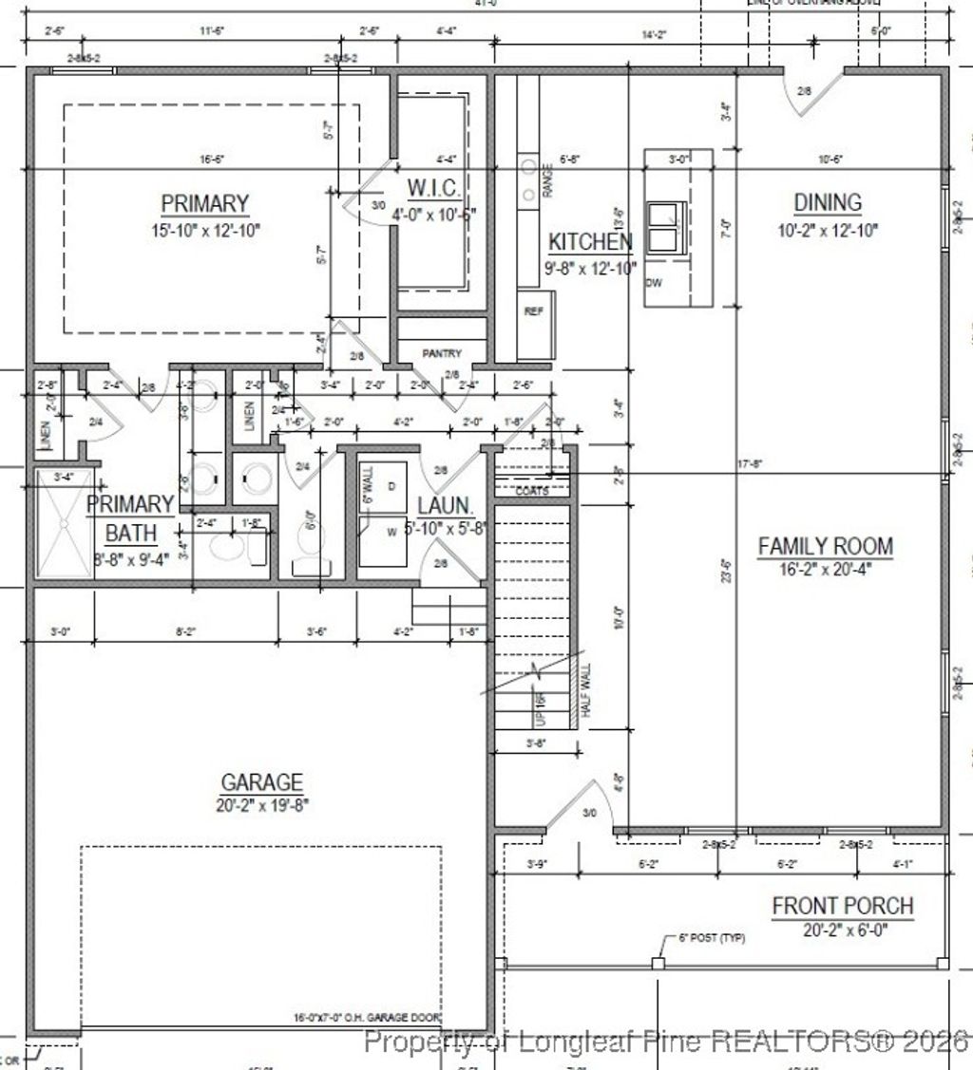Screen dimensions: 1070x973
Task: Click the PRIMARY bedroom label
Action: [204, 204]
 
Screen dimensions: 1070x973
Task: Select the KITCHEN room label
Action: [590, 241]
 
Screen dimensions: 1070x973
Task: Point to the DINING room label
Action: [827, 202]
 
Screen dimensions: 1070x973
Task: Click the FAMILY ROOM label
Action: [825, 546]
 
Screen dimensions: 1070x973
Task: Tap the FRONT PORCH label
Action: [842, 906]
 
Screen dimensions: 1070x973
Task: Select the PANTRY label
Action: [442, 353]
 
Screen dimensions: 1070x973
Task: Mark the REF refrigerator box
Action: [534, 310]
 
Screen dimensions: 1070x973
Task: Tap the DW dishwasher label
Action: [654, 283]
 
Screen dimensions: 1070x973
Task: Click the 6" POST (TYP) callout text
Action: [712, 938]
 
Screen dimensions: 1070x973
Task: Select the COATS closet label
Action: [531, 491]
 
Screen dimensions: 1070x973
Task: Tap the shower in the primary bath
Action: [64, 522]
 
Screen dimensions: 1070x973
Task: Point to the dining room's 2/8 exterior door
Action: [804, 92]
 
